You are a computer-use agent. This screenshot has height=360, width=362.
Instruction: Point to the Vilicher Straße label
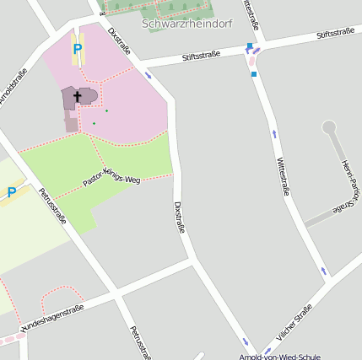click(293, 325)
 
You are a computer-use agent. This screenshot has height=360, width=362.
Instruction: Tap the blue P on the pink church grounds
click(78, 49)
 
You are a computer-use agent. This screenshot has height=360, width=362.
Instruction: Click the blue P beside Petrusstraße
click(12, 192)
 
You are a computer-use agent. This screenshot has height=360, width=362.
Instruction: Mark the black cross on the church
click(78, 97)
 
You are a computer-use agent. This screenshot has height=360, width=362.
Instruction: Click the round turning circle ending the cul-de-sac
click(329, 128)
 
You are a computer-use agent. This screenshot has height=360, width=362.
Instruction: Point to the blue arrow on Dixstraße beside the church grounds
click(149, 75)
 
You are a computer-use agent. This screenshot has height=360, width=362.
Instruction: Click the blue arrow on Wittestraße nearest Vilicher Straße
click(324, 271)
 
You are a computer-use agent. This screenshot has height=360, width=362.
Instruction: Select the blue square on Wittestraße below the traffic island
click(254, 74)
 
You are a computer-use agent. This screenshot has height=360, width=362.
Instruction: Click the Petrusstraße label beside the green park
click(52, 206)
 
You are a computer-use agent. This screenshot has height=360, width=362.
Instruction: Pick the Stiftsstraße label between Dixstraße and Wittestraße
click(201, 56)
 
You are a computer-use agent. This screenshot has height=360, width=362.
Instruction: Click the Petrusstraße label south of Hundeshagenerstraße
click(139, 341)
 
